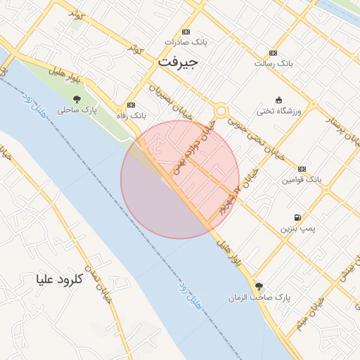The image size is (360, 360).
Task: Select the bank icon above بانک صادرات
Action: pyautogui.click(x=186, y=32)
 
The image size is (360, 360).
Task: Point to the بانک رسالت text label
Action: pyautogui.click(x=273, y=63)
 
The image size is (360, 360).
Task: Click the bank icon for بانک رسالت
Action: pyautogui.click(x=273, y=53)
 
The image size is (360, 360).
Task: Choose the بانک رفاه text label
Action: pyautogui.click(x=130, y=114)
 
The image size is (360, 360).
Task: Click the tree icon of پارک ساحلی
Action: pyautogui.click(x=77, y=99)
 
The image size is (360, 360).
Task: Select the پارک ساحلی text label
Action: pyautogui.click(x=77, y=110)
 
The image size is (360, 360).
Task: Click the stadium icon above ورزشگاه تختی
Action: pyautogui.click(x=279, y=99)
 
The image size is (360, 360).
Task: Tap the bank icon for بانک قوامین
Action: pyautogui.click(x=302, y=169)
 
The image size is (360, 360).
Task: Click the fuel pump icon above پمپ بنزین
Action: pyautogui.click(x=298, y=217)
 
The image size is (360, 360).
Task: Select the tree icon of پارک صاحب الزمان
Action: pyautogui.click(x=259, y=286)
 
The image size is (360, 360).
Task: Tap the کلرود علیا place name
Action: pyautogui.click(x=59, y=279)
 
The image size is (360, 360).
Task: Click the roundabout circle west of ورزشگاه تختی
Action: pyautogui.click(x=221, y=110)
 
